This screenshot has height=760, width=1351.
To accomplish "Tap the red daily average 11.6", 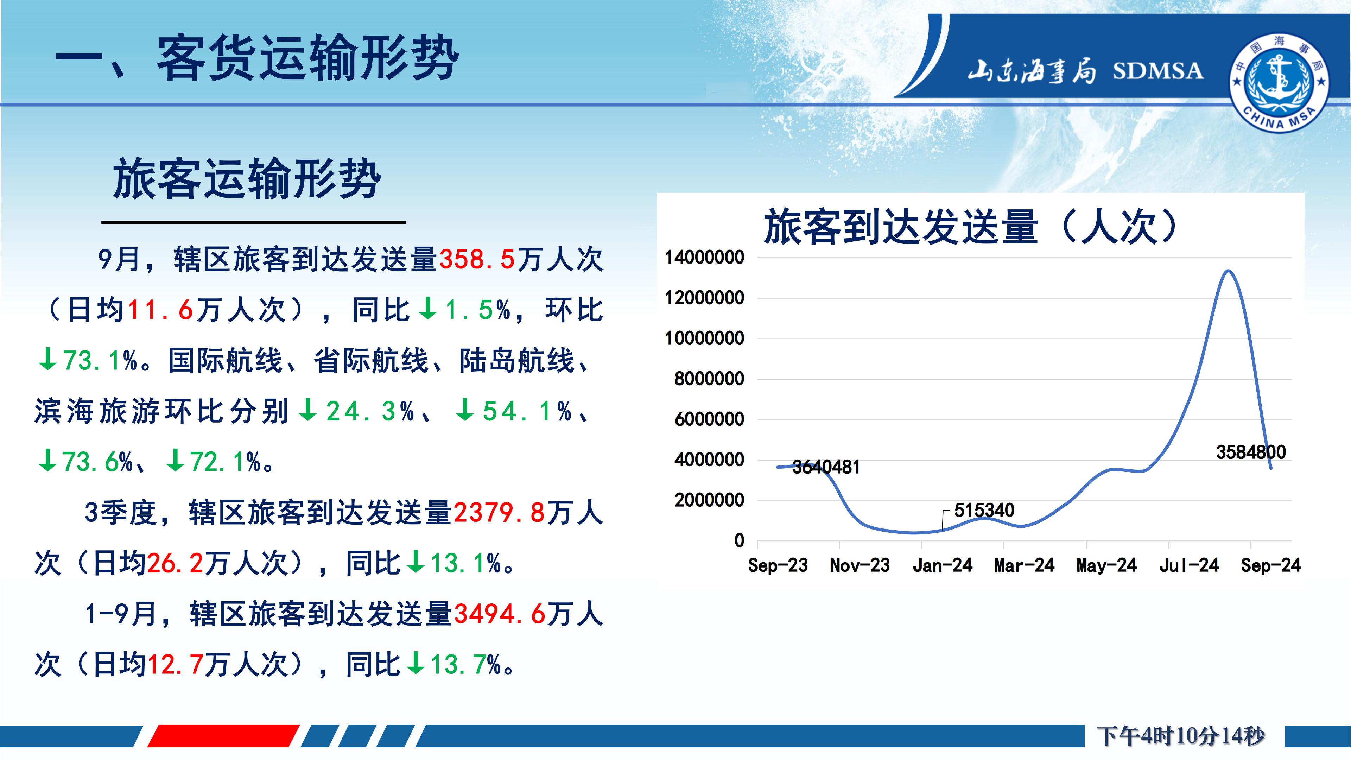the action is [160, 310].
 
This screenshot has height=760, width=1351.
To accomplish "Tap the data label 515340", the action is [984, 510].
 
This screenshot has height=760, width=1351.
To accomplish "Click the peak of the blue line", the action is [1228, 271].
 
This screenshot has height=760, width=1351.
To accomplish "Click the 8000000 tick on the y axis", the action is [709, 379].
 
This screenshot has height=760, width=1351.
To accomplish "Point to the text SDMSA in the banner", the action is [1158, 71].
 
